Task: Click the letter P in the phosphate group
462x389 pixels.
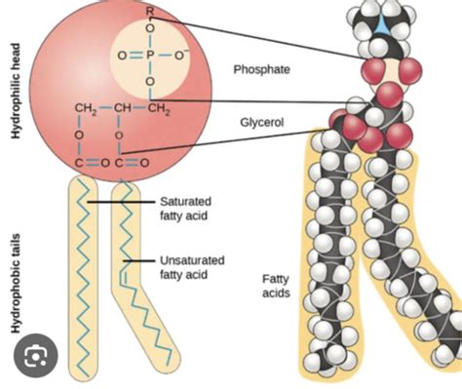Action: click(149, 54)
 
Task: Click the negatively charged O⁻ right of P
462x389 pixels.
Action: click(179, 54)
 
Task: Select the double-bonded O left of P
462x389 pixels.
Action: click(122, 54)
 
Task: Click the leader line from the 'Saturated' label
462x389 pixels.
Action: click(122, 203)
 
